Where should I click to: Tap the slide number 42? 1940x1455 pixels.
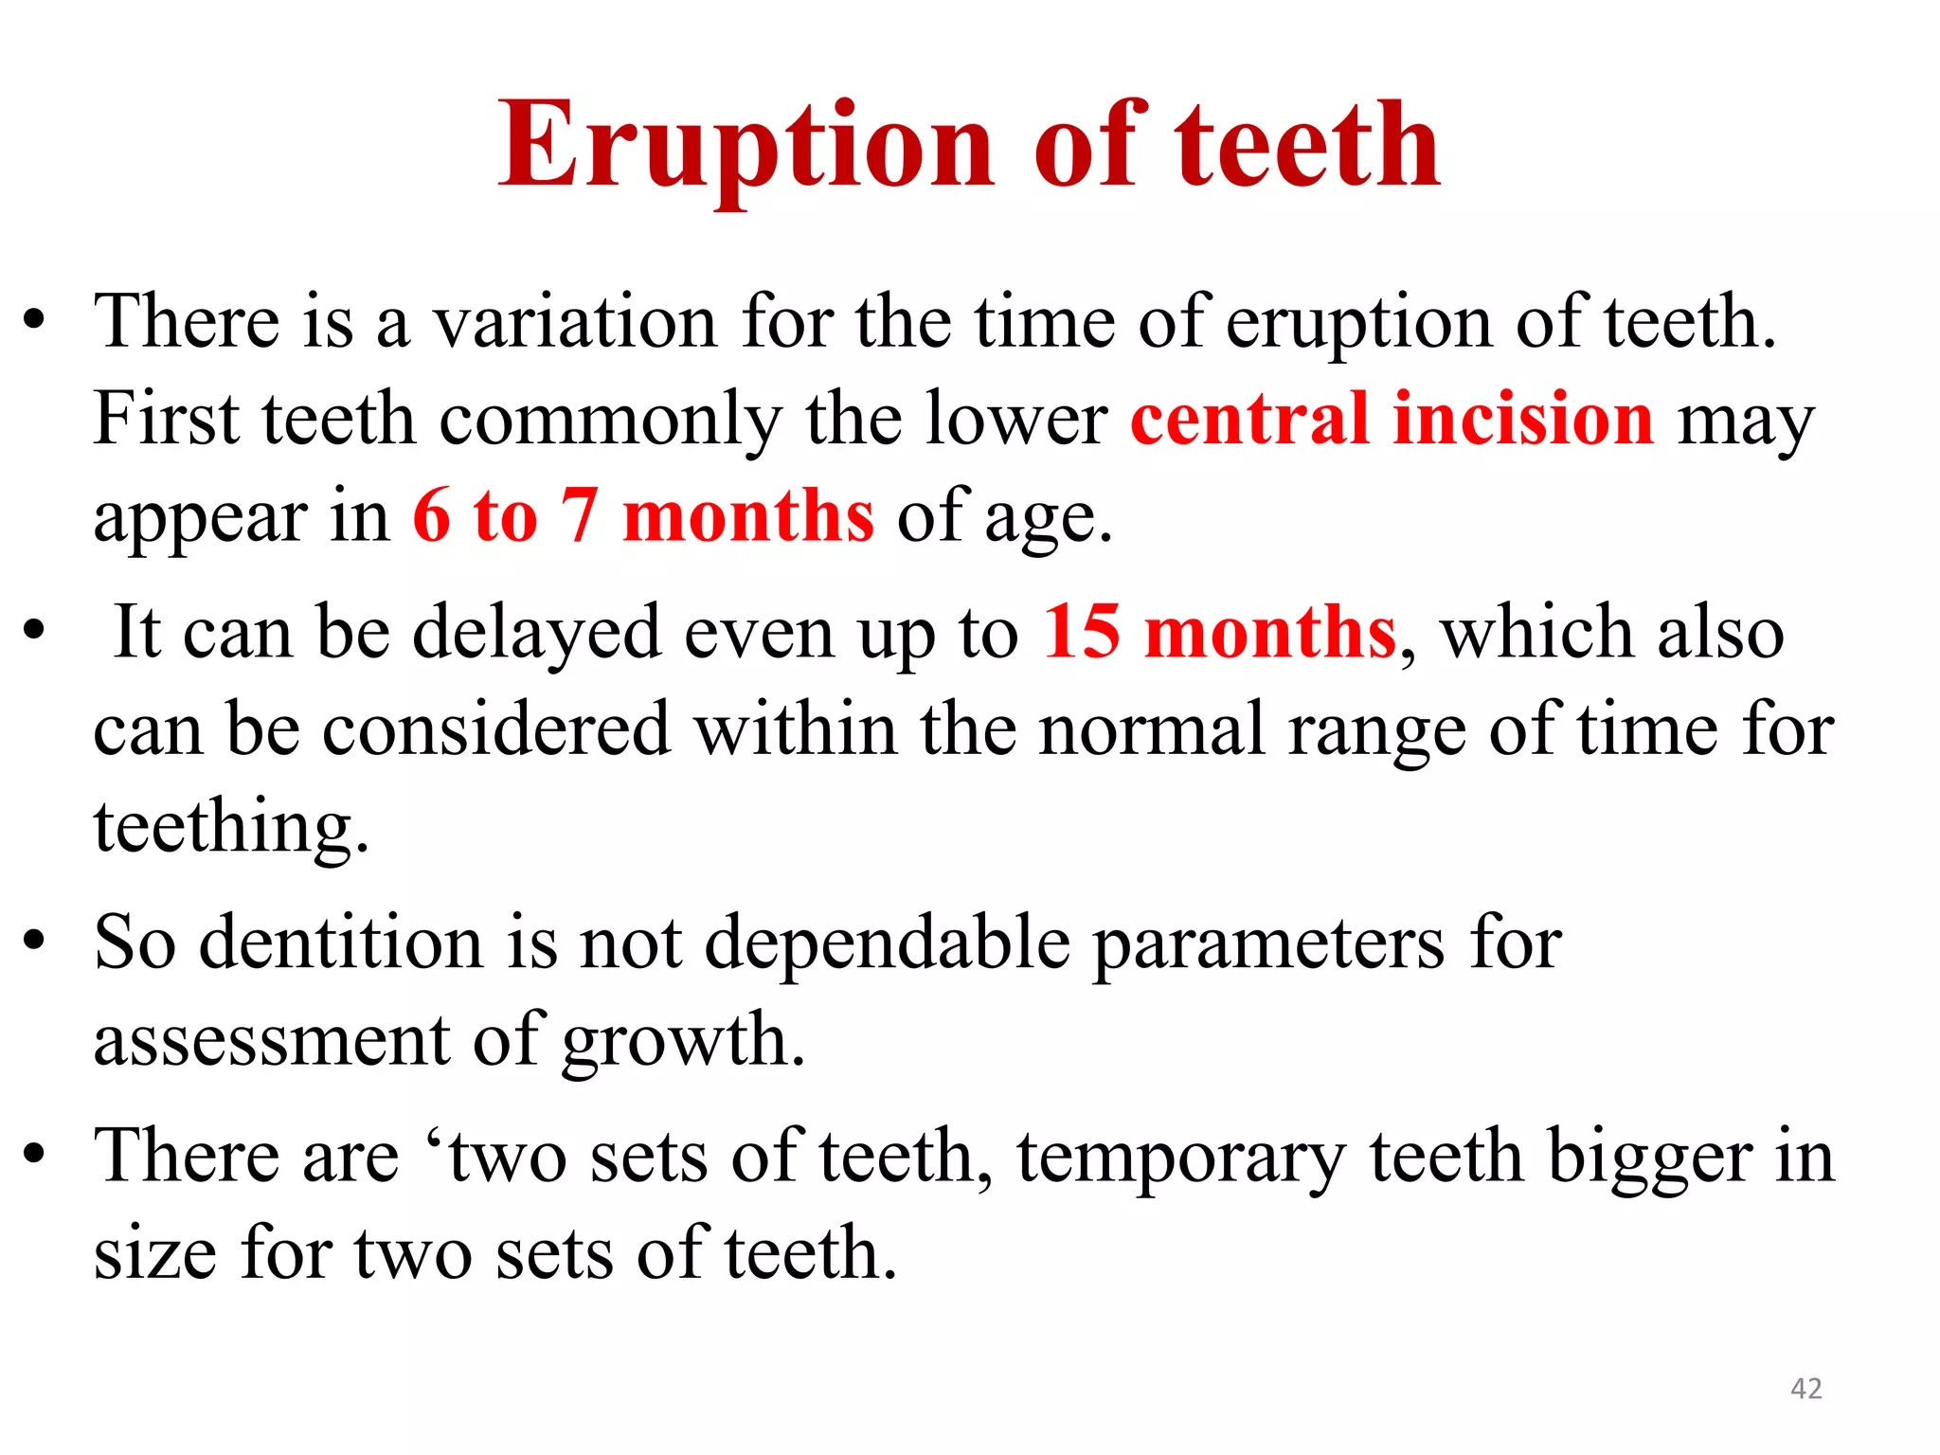point(1805,1389)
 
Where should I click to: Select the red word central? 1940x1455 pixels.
point(1249,419)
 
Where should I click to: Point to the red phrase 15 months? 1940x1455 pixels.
point(1219,633)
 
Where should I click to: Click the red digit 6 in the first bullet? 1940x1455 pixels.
point(432,516)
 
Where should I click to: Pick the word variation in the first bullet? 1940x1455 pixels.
point(574,322)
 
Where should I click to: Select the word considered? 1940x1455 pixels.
point(496,729)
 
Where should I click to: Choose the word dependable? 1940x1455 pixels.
point(888,943)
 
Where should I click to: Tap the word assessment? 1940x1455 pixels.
point(271,1040)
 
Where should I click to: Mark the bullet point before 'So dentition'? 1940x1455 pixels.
point(35,942)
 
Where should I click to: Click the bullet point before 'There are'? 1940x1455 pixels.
point(35,1155)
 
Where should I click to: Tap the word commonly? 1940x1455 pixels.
point(611,419)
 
